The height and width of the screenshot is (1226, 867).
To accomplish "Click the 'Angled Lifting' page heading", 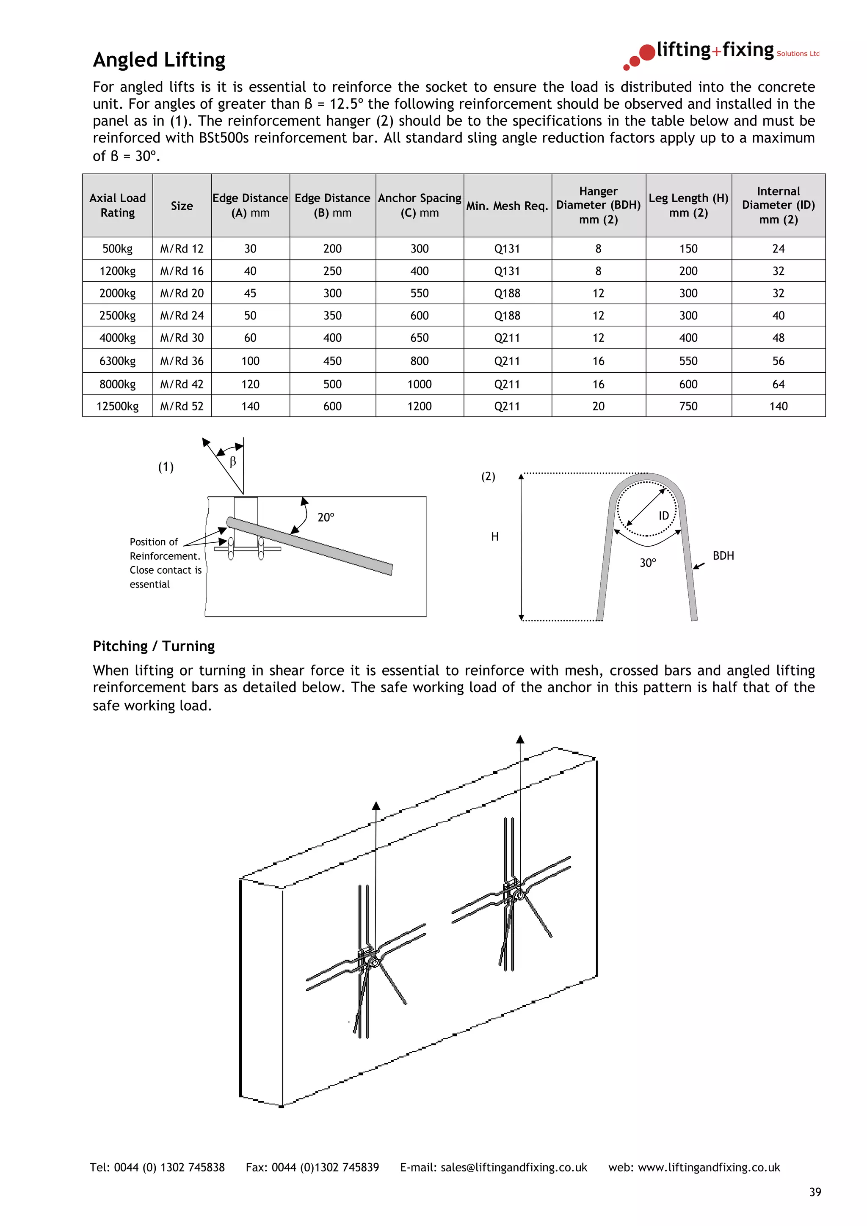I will point(159,59).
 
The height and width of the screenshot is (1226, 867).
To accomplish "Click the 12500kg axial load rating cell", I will point(118,407).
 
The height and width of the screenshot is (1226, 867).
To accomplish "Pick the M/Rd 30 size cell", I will point(182,338).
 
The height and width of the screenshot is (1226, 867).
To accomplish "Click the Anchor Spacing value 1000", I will point(420,384).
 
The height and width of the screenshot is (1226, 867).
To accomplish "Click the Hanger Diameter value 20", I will point(598,407).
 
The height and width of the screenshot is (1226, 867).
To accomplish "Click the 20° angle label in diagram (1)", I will point(325,517).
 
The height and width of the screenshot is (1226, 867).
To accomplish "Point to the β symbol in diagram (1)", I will point(232,462).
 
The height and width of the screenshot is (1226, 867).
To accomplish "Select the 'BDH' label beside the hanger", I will point(723,556).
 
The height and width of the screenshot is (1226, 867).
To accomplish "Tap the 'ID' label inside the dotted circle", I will point(663,516).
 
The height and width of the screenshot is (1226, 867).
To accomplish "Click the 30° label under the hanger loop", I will point(647,563).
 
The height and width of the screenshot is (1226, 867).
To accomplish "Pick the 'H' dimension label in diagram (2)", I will point(494,537).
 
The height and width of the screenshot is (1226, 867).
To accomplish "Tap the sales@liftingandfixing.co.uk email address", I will point(514,1167).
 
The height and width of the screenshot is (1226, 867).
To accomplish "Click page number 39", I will point(815,1192).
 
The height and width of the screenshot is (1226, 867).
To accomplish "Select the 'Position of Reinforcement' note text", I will point(165,563).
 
